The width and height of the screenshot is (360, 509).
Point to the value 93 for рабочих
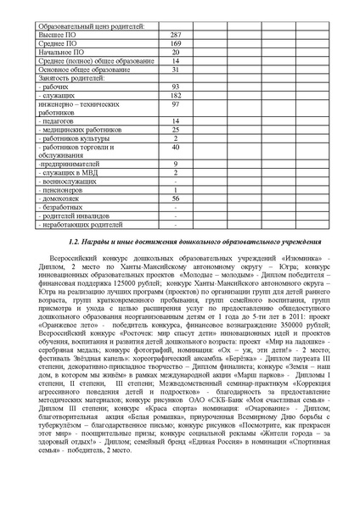pyautogui.click(x=175, y=88)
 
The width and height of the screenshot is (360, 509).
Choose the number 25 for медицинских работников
pyautogui.click(x=175, y=130)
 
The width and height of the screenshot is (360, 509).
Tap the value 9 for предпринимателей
pyautogui.click(x=175, y=163)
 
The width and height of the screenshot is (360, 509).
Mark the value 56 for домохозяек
pyautogui.click(x=175, y=198)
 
